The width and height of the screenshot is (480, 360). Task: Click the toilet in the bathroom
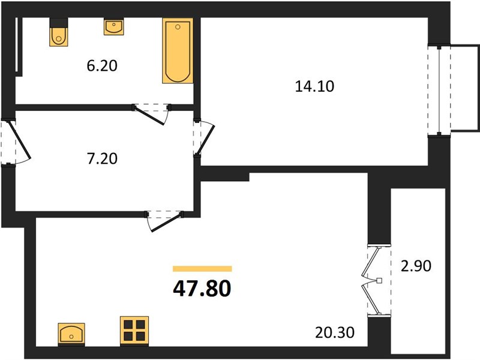coord(59,37)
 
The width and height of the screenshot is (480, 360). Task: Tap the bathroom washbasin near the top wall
coord(114,26)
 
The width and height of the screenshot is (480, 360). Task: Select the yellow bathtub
coord(178,50)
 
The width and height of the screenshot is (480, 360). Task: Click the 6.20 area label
coord(102,66)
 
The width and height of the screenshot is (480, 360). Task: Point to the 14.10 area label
coord(314,86)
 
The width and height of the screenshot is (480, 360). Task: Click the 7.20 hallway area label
coord(102,158)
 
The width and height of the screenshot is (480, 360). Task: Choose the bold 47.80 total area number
coord(202,289)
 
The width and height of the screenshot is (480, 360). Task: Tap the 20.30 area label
coord(335,332)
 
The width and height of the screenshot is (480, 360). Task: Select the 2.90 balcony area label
coord(416,266)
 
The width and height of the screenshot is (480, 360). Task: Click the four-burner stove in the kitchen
coord(134,330)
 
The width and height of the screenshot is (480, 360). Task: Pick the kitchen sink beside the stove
coord(71,334)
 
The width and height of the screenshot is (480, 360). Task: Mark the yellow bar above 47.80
coord(202,269)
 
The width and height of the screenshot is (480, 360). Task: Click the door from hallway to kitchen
coord(164,221)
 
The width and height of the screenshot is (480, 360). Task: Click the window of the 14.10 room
coord(439,91)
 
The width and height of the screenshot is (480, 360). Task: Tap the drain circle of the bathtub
coord(178,27)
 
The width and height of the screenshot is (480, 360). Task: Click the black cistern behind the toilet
coord(59,23)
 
